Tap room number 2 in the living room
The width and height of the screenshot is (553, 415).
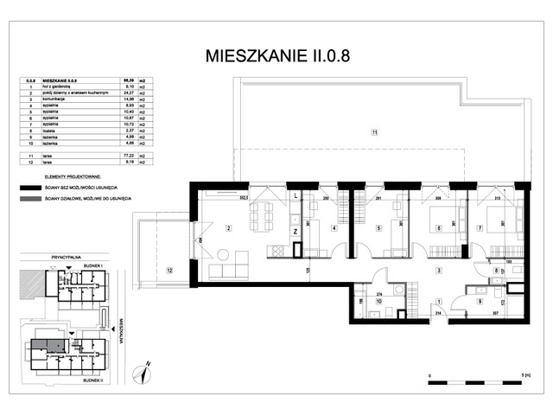pyautogui.click(x=227, y=228)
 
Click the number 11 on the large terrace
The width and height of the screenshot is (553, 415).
pyautogui.click(x=374, y=132)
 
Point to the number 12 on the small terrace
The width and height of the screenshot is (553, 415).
pyautogui.click(x=169, y=271)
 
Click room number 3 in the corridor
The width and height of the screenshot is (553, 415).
pyautogui.click(x=439, y=271)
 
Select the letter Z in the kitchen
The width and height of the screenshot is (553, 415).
pyautogui.click(x=296, y=233)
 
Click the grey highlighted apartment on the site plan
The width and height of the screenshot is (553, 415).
pyautogui.click(x=48, y=344)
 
